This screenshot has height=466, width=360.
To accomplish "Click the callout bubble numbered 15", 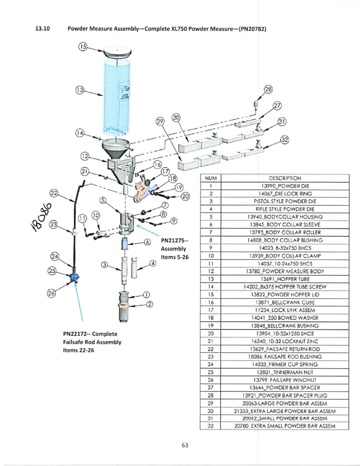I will (83, 47).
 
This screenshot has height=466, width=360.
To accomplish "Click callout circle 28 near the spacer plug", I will (268, 89).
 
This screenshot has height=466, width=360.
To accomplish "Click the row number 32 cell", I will (211, 426).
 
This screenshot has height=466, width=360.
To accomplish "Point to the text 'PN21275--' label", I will (174, 241).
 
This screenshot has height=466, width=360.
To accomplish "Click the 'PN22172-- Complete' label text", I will (90, 334).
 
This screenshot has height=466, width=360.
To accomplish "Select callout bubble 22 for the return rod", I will (54, 193).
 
